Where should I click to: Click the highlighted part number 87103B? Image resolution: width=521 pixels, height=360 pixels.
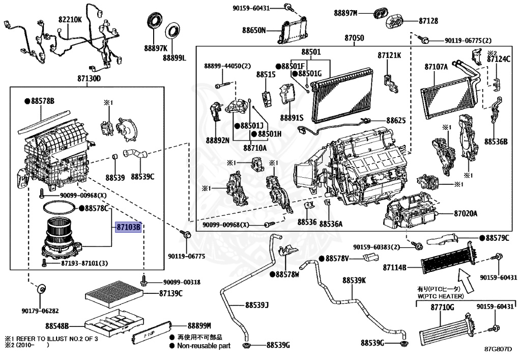128,228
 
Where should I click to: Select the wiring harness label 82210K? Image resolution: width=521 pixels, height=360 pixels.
70,19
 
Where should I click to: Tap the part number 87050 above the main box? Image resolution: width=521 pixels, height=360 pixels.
354,38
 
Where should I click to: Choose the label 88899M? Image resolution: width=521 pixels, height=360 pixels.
199,325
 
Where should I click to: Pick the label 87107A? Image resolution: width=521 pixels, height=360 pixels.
436,66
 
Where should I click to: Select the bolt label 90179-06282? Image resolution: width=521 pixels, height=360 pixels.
40,311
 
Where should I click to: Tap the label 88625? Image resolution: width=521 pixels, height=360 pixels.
396,121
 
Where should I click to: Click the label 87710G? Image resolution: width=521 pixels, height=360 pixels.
443,308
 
